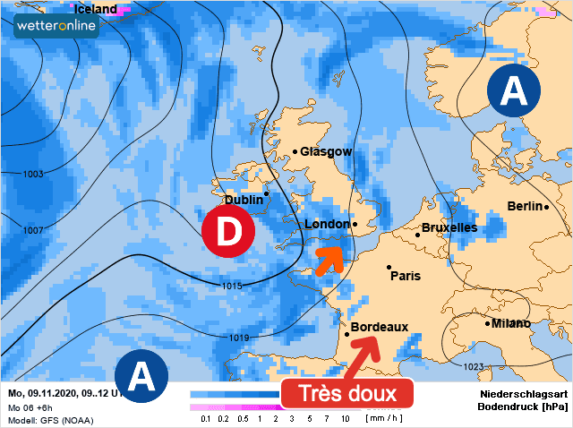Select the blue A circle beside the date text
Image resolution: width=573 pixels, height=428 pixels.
coord(141,376)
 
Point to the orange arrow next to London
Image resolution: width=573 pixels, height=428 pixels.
coord(329,258)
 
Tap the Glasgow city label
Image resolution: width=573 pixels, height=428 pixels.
coord(326,152)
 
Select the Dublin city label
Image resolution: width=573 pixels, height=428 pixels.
coord(244,200)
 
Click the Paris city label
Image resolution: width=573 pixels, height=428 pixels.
coord(406,276)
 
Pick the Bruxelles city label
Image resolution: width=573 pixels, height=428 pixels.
coord(449,227)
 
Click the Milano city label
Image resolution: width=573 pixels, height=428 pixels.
coord(511,323)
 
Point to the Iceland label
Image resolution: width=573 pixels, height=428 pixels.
coord(96,9)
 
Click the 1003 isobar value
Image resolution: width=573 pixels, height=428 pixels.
coord(33,174)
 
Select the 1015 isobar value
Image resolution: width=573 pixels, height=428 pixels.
coord(230,286)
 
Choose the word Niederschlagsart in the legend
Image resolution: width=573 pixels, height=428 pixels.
coord(524,394)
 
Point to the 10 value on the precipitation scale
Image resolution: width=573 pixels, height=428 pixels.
coord(345,419)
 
